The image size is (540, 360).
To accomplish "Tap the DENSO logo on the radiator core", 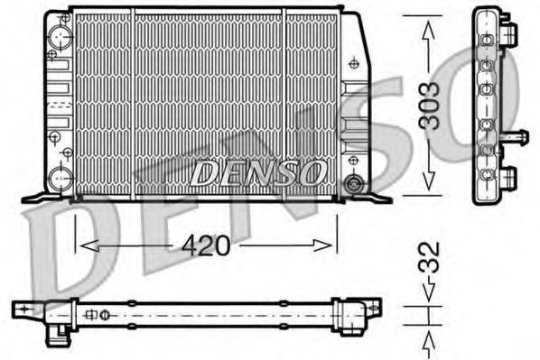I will tap(258, 171).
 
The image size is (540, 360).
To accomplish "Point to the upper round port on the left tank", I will tap(62, 36).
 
